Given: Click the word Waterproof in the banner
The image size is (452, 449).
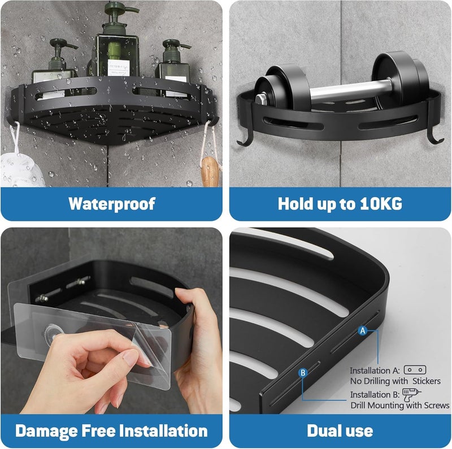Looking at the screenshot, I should click(x=111, y=204).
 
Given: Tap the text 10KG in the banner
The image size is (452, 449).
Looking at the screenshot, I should click(x=379, y=204).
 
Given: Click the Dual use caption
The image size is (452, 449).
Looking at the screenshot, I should click(x=340, y=431).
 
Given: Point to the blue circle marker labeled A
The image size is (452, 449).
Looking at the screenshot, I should click(x=362, y=332).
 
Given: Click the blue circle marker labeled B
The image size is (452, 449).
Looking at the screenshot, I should click(x=303, y=372).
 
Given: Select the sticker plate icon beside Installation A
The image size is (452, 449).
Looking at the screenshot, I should click(x=415, y=369).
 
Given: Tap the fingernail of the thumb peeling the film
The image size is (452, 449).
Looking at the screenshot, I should click(x=128, y=357).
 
